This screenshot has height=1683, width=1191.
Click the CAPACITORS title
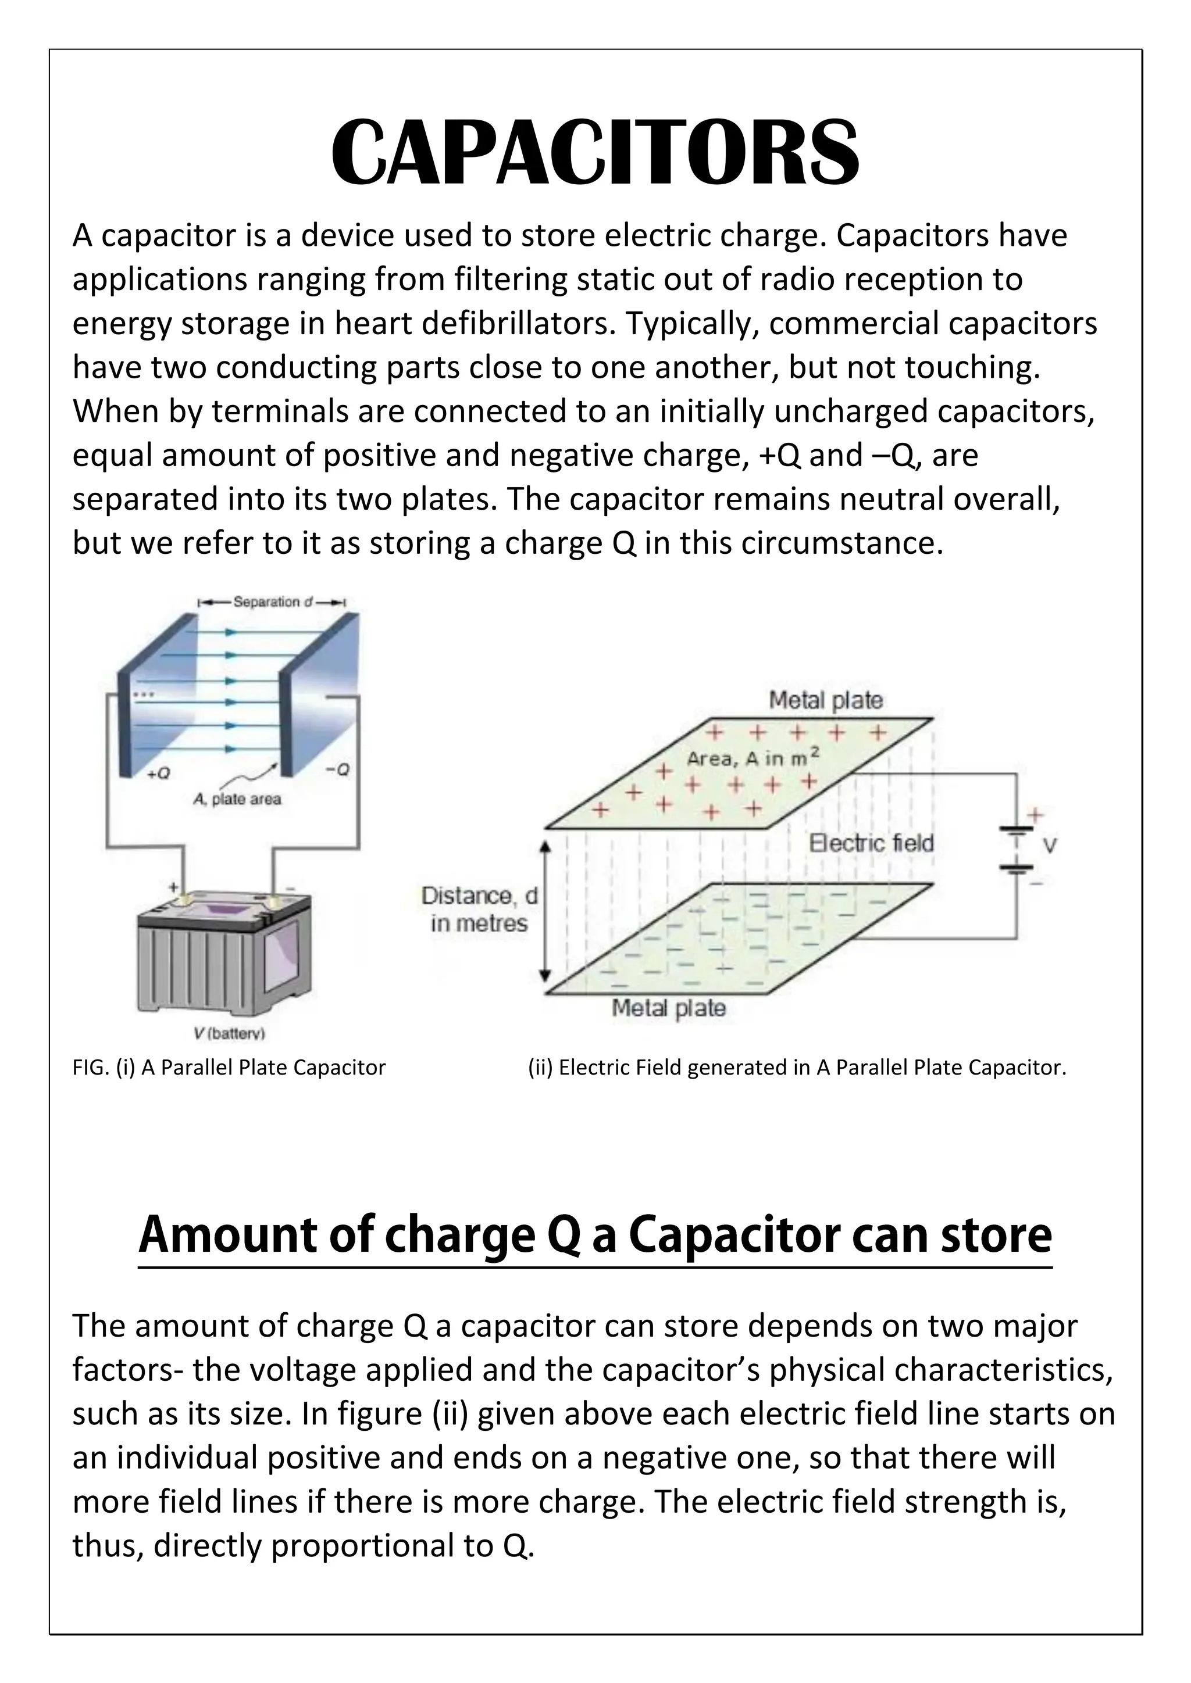pyautogui.click(x=595, y=153)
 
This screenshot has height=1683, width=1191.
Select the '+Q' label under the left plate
pyautogui.click(x=158, y=774)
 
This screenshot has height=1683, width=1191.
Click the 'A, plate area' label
pyautogui.click(x=237, y=799)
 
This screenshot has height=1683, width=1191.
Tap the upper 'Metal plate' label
pyautogui.click(x=825, y=700)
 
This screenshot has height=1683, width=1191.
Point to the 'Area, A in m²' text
pyautogui.click(x=753, y=758)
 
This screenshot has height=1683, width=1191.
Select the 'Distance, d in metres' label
pyautogui.click(x=479, y=909)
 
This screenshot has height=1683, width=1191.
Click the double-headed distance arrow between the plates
pyautogui.click(x=544, y=909)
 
